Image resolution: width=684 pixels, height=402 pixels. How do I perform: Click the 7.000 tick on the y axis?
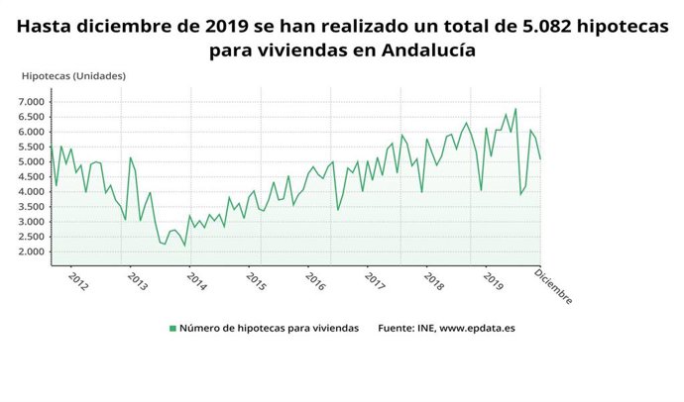coord(31,102)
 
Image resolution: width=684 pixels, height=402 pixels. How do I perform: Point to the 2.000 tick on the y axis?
coord(31,251)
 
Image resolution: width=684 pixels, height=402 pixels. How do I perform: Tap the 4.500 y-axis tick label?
coord(31,176)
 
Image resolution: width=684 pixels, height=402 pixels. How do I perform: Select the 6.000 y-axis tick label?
coord(31,132)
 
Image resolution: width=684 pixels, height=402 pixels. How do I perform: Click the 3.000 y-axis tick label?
coord(31,222)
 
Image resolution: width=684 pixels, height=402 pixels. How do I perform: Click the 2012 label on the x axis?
coord(78,282)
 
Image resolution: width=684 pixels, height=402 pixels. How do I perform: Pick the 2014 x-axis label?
coord(196,282)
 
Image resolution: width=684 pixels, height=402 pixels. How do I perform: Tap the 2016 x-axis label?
coord(315,282)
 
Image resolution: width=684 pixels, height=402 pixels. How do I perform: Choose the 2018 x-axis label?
coord(433,282)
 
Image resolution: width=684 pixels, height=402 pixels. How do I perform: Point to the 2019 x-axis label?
coord(493,282)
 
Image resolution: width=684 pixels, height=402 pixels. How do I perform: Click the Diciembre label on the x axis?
coord(553,287)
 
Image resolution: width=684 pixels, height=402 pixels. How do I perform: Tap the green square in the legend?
coord(172,329)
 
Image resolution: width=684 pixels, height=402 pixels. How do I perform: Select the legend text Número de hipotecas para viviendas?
coord(269,329)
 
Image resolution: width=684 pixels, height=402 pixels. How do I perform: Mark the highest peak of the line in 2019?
coord(515,109)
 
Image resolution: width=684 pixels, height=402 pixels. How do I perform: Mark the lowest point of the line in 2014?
coord(184,246)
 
